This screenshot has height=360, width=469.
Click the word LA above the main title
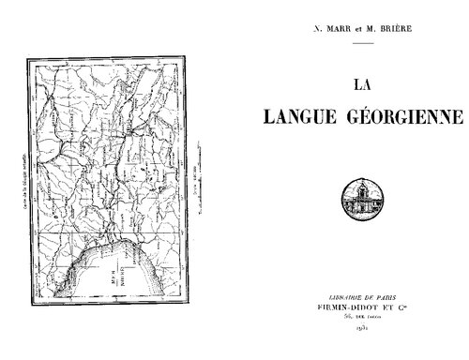click(361, 83)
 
